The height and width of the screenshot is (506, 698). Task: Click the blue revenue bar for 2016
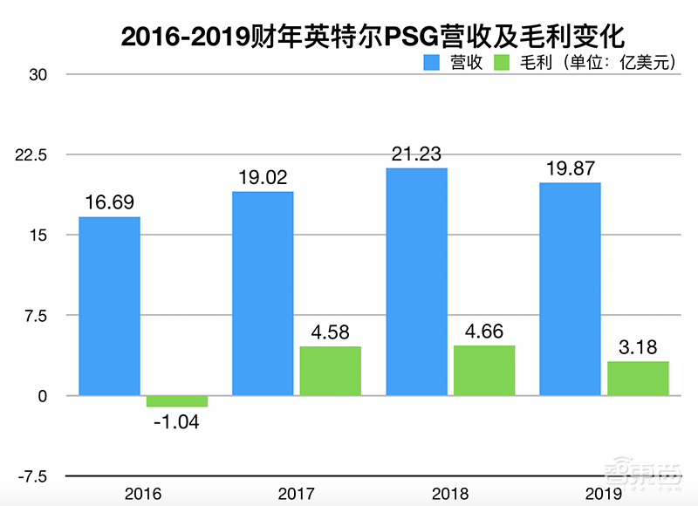click(110, 306)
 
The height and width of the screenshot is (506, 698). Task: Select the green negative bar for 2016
click(177, 401)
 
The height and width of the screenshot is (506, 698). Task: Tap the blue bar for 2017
click(263, 294)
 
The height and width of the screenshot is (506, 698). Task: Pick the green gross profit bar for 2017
click(331, 371)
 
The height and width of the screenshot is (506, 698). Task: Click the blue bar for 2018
click(416, 282)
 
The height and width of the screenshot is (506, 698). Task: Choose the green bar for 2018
click(484, 371)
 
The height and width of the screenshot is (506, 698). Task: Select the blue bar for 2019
click(570, 289)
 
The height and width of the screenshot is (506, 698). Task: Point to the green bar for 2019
click(638, 379)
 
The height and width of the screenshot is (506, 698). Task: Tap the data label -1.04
click(177, 423)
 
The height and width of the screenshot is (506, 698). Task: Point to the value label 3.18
click(638, 347)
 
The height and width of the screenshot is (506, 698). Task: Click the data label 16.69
click(110, 202)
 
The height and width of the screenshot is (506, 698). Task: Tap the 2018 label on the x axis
click(450, 494)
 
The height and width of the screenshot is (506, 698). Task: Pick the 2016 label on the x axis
click(143, 494)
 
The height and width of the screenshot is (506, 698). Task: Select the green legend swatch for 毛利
click(504, 62)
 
